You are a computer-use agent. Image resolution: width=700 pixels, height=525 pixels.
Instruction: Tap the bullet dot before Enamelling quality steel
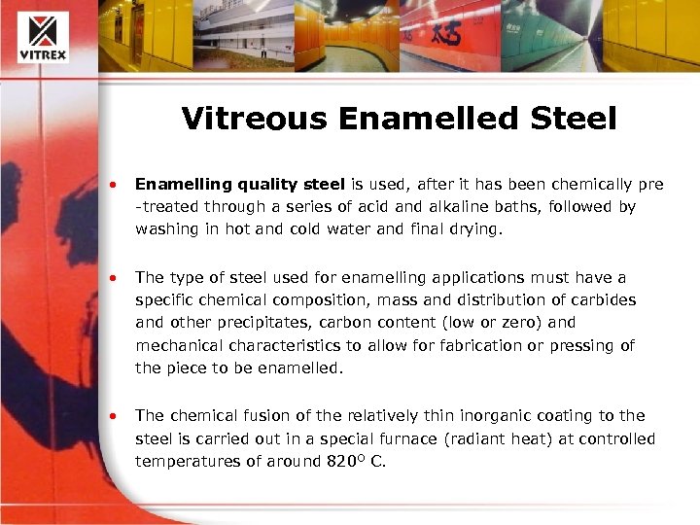[115, 184]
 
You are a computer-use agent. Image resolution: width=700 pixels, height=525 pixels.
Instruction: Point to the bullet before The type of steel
[115, 278]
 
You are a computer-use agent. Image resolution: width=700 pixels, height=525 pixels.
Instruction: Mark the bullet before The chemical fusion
[115, 416]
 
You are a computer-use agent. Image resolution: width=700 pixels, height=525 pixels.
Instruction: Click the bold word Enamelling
[178, 184]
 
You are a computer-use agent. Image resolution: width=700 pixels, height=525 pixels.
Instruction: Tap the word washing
[166, 230]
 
